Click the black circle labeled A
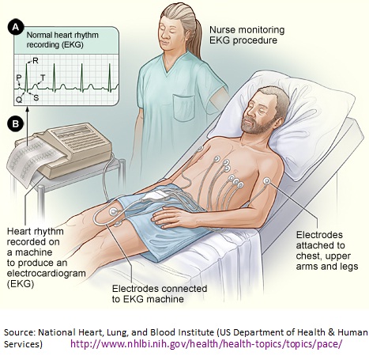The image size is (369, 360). coord(15,28)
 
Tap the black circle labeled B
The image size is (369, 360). coord(15,123)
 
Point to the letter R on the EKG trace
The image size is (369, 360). coord(36,61)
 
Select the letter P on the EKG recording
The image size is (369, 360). coord(18,78)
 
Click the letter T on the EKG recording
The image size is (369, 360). coord(43,78)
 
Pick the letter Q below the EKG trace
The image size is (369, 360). coord(19,100)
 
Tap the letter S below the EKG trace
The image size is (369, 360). coord(36,97)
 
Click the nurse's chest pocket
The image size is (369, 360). coord(184,107)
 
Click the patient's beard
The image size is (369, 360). coord(256,126)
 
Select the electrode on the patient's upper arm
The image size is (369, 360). coord(267,181)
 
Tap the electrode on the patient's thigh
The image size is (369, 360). coord(114,211)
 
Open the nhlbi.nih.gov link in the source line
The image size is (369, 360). coord(207,344)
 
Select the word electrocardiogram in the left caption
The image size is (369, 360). coord(47,274)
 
